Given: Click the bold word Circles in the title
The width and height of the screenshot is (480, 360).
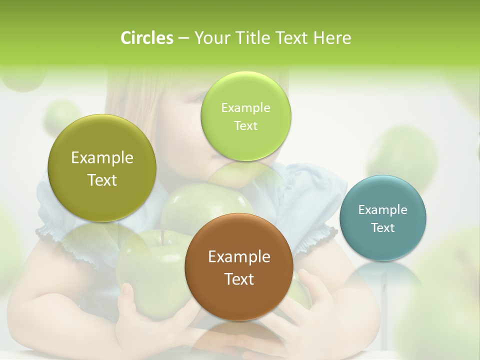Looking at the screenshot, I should tap(147, 38).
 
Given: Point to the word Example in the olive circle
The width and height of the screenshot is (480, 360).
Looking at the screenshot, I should tap(102, 158).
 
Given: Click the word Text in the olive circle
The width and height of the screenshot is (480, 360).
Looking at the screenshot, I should tap(102, 180).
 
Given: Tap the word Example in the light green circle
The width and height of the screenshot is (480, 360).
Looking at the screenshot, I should tap(246, 108).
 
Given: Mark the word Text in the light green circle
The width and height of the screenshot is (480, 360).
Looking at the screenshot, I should tap(246, 126).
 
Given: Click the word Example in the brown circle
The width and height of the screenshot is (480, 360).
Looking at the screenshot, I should tap(239, 257).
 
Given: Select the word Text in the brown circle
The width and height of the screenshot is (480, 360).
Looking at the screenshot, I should tap(239, 279).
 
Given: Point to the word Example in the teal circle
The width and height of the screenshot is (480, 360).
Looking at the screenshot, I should tap(383, 210).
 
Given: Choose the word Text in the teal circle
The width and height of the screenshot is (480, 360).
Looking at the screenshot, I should tap(383, 228).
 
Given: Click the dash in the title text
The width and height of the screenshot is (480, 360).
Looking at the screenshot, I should tap(183, 38).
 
